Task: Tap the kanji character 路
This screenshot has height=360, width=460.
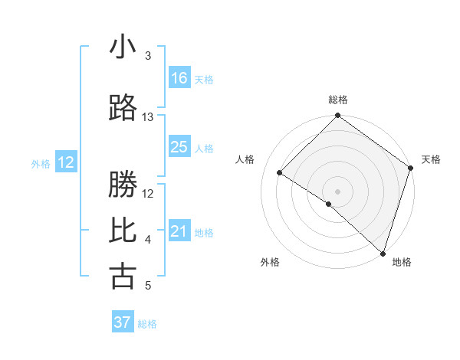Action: tap(123, 109)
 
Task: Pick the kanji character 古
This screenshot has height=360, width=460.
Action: tap(123, 277)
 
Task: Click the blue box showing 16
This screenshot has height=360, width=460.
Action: tap(179, 78)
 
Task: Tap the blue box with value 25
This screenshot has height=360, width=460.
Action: tap(179, 147)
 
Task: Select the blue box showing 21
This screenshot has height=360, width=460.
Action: tap(179, 231)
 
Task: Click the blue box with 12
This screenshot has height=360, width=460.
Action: tap(66, 162)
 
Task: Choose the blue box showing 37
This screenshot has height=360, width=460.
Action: tap(123, 322)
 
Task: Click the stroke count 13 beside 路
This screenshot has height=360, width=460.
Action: tap(148, 117)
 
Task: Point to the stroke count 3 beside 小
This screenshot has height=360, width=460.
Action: tap(148, 56)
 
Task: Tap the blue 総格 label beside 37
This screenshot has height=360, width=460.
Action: tap(148, 324)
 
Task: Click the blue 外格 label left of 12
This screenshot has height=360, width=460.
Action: tap(41, 163)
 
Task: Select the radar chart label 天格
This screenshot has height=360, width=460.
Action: tap(431, 159)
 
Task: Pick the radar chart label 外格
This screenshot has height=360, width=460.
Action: tap(269, 262)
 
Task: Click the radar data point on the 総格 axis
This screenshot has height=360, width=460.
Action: tap(337, 116)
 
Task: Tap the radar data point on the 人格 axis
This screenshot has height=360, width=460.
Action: tap(280, 173)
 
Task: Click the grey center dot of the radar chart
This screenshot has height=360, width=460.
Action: tap(337, 191)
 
